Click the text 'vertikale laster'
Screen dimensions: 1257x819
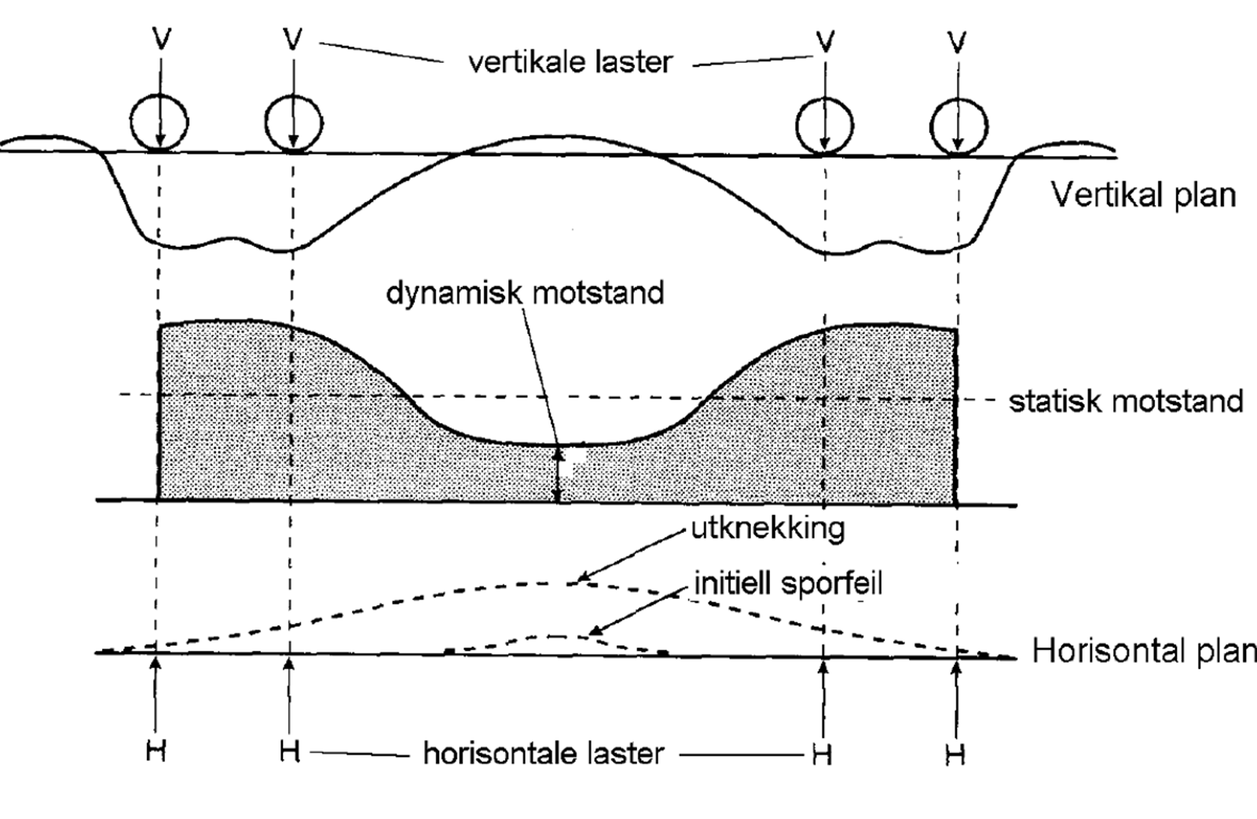click(570, 61)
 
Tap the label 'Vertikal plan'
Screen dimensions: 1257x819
click(1143, 196)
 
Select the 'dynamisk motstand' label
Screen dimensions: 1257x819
click(525, 293)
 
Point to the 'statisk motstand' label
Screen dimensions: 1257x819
click(1126, 402)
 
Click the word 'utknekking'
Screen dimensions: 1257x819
click(768, 529)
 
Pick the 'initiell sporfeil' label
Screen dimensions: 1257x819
click(789, 584)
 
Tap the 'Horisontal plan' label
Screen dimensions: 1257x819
click(1144, 651)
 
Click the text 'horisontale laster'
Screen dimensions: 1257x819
click(544, 753)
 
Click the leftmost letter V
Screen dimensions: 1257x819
click(162, 39)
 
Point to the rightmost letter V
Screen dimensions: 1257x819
click(957, 42)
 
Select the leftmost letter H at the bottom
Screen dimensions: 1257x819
click(156, 751)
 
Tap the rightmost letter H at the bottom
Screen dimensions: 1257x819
click(955, 755)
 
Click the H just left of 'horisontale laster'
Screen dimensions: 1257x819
click(290, 751)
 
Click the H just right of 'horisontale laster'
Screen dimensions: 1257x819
click(822, 755)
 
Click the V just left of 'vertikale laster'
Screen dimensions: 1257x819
click(293, 39)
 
